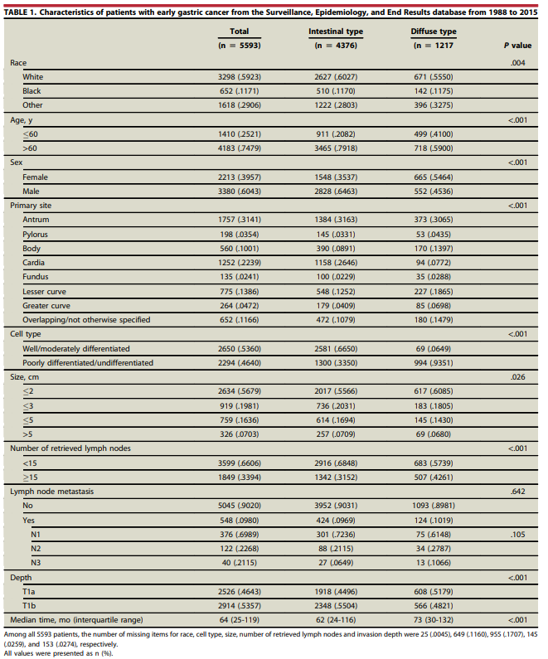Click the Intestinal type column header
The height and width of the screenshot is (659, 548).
(x=336, y=31)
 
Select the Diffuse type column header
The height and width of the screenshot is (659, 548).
(x=434, y=31)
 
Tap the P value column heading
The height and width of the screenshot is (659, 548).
(x=518, y=46)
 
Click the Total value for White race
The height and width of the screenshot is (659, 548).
(x=240, y=77)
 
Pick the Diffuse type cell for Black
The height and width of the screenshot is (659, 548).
(x=434, y=91)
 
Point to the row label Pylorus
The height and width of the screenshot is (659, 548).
(x=36, y=235)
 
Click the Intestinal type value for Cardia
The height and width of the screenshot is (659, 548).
(x=336, y=263)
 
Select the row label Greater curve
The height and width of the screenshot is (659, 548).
(x=46, y=306)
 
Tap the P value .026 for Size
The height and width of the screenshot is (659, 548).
(x=518, y=377)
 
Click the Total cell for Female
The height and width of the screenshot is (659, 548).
(x=240, y=177)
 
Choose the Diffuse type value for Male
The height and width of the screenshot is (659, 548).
(x=434, y=191)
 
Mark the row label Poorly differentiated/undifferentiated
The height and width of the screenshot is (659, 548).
(x=88, y=363)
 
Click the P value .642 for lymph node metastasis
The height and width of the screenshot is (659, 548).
(x=518, y=492)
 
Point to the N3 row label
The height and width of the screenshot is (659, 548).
(x=36, y=563)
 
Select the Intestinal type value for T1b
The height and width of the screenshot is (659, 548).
(x=336, y=606)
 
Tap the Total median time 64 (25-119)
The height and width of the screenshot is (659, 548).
(x=240, y=620)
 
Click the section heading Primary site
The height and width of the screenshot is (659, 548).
(x=31, y=206)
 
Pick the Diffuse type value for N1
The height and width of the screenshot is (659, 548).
(x=434, y=535)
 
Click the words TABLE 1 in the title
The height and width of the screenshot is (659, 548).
(x=20, y=12)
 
